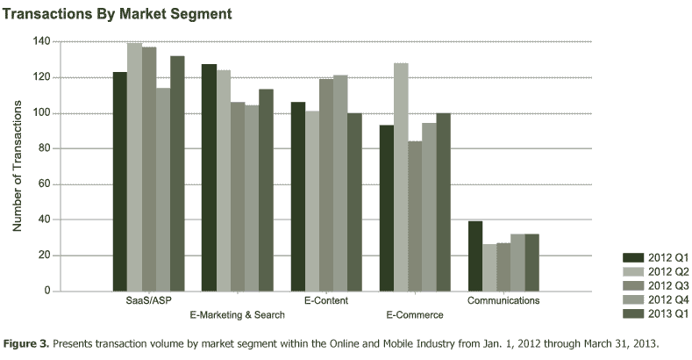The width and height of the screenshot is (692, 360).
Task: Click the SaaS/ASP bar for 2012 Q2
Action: point(134,167)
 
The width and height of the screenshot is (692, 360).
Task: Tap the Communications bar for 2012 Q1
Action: point(475,256)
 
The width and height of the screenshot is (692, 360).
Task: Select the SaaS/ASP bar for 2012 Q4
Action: point(163,189)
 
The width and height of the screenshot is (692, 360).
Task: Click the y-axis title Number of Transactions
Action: point(17,167)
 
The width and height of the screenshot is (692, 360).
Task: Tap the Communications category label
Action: point(503,300)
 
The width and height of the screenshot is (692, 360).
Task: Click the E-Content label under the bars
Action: point(325,300)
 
